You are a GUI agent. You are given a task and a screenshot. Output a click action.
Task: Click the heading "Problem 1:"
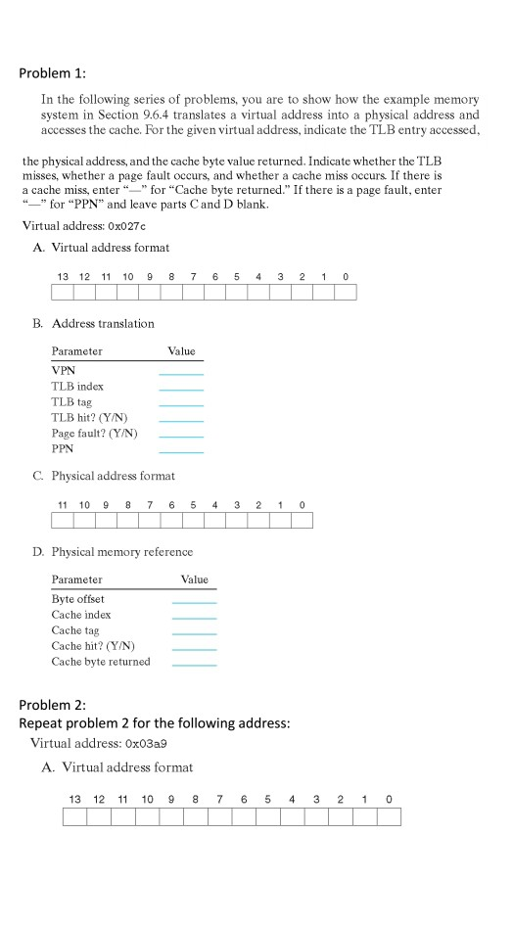point(59,73)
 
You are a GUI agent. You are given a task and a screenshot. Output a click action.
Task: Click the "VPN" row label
point(63,370)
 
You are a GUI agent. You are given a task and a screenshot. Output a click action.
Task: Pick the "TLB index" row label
point(76,386)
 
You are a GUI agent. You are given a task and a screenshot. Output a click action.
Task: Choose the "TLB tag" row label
point(71,401)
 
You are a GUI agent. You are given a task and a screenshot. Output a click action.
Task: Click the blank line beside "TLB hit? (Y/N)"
point(181,421)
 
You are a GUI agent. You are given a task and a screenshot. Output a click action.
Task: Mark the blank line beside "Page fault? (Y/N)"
point(181,437)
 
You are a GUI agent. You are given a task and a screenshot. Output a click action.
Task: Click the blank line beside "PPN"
point(181,452)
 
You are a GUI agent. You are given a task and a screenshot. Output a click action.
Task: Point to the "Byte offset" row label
point(77,599)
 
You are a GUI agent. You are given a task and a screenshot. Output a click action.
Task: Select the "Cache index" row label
point(81,615)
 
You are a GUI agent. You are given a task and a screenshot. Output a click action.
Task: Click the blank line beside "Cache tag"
point(194,634)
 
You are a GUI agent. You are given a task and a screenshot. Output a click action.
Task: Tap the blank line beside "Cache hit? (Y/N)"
point(194,650)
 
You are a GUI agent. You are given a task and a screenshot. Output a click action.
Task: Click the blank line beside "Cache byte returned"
point(194,666)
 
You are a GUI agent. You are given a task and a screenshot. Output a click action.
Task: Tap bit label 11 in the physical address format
point(63,505)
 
